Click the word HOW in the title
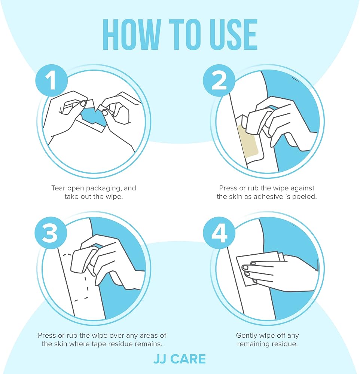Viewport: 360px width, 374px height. click(132, 34)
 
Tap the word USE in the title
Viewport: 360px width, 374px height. click(234, 34)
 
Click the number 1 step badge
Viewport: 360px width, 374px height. click(52, 80)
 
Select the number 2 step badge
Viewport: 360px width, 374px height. click(219, 80)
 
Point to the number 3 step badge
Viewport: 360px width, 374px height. click(51, 233)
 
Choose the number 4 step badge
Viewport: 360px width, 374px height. click(219, 233)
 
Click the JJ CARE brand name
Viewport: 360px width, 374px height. click(180, 359)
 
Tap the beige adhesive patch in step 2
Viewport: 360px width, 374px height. click(248, 141)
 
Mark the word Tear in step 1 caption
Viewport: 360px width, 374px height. click(58, 188)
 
